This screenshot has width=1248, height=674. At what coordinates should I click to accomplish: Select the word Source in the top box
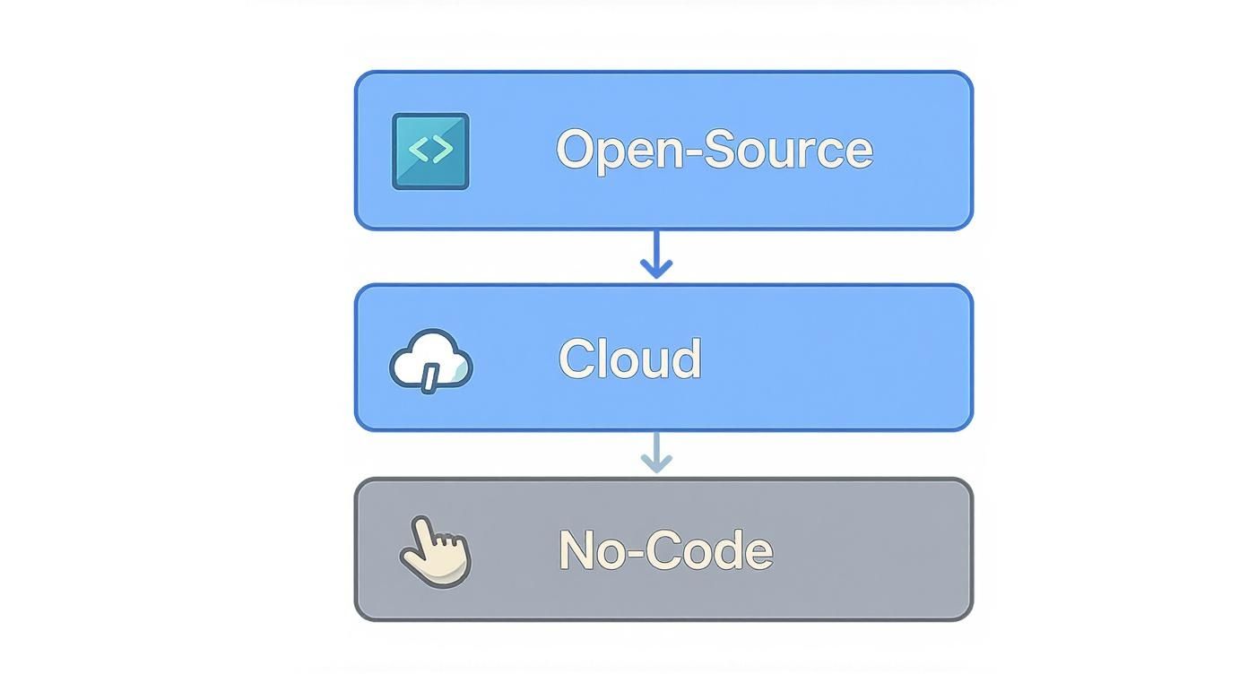(788, 149)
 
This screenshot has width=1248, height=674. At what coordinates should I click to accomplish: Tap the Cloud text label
(629, 359)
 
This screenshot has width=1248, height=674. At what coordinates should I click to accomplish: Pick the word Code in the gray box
(709, 549)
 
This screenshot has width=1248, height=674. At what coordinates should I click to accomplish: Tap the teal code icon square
(430, 151)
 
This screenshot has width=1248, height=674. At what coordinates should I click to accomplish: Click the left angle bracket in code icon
(418, 149)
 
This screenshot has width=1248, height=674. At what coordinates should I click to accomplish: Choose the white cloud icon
(431, 359)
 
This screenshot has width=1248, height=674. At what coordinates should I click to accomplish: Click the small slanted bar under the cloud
(430, 377)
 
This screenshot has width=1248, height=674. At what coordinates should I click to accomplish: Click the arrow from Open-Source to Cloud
(656, 256)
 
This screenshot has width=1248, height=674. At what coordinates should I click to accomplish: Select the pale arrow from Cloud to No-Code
(656, 454)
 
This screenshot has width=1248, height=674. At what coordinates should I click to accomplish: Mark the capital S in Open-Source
(720, 149)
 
